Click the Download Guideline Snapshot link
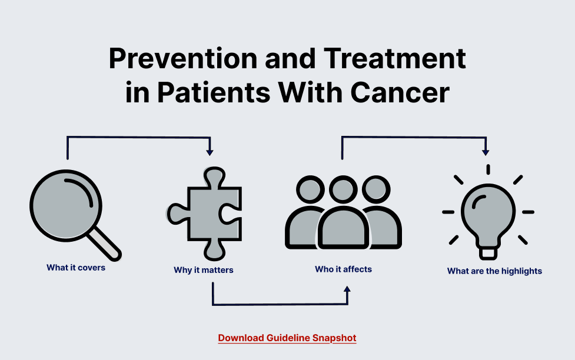coord(287,338)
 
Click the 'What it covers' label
coord(76,268)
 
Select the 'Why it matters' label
coord(204,270)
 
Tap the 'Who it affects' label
coord(343,269)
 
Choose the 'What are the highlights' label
coord(494,271)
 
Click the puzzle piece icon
coord(206,214)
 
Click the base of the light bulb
coord(488,252)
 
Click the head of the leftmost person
coord(310,191)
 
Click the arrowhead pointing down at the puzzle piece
coord(210,152)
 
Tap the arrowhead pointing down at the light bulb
coord(485,152)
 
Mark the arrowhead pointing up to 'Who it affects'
coord(347,289)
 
